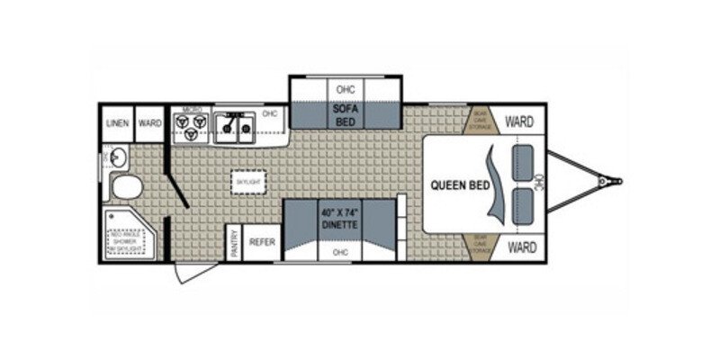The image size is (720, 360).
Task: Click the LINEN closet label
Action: coord(115,123)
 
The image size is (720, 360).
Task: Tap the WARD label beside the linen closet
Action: coord(149,123)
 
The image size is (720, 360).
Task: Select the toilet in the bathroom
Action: coord(125,188)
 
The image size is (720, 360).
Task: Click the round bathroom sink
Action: coord(118,159)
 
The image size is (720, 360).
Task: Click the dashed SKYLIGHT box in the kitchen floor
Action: coord(248,180)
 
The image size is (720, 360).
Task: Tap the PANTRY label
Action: coord(233,243)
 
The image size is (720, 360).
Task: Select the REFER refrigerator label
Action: coord(261,242)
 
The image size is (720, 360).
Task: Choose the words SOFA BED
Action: coord(346,114)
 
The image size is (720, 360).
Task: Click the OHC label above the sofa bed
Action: coord(346,90)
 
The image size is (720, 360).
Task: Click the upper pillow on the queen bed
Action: coord(522,163)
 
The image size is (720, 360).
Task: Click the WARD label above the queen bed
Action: coord(518,121)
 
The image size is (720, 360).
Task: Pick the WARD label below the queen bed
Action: coord(518,246)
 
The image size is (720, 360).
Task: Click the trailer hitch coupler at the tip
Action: coord(615,182)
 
